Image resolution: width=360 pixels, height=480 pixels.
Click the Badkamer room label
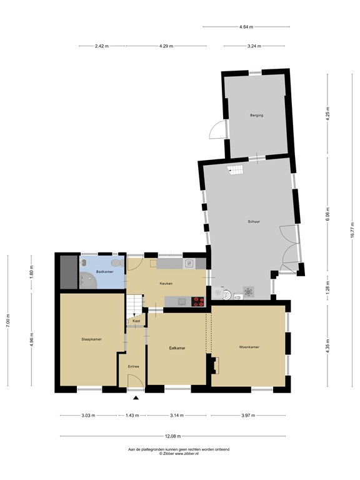[104, 272]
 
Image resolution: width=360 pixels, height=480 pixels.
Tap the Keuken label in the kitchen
[166, 284]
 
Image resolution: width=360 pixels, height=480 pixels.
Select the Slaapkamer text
[91, 339]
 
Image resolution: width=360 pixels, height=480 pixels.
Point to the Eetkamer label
[177, 347]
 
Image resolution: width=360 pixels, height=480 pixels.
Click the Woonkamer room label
[249, 347]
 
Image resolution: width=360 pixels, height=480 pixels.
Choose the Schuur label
[254, 221]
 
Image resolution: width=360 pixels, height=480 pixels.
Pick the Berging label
[256, 116]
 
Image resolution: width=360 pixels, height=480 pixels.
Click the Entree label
[134, 366]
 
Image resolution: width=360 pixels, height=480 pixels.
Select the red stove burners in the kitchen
[198, 301]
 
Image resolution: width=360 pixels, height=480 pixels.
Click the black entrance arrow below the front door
[136, 397]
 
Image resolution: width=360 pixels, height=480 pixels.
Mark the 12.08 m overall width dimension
[173, 436]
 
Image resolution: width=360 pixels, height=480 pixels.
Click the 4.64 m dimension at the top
[247, 27]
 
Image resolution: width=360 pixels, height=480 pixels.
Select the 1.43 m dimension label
[132, 415]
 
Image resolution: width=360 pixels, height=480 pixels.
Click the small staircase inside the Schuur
[235, 170]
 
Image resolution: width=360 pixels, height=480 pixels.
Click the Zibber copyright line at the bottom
[179, 453]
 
